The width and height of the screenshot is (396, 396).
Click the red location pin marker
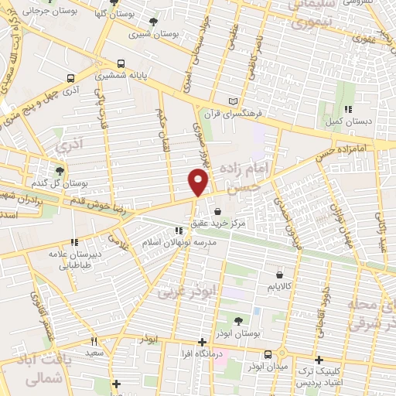point(199,183)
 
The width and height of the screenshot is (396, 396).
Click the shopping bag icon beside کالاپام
point(279,275)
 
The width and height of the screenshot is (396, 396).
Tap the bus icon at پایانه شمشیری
point(121,64)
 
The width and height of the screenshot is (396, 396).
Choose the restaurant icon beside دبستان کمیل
point(348,109)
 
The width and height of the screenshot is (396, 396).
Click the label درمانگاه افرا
point(201,353)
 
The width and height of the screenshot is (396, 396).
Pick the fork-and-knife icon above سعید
point(94,341)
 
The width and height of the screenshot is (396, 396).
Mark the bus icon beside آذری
point(71,79)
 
